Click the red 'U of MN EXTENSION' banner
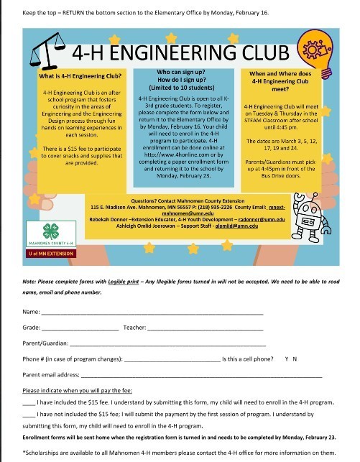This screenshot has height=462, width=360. coord(52,254)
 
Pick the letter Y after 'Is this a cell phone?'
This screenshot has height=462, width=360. coord(287,359)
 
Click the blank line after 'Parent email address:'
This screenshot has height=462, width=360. coord(201,374)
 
